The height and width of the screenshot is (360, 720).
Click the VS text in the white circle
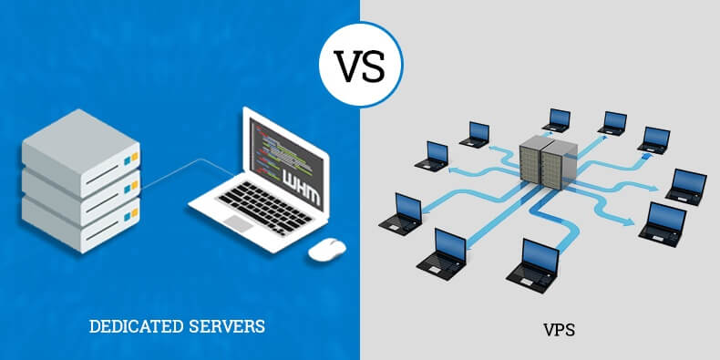[360, 64]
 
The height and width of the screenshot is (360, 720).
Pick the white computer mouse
[325, 248]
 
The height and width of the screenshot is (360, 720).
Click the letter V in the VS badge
[348, 64]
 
